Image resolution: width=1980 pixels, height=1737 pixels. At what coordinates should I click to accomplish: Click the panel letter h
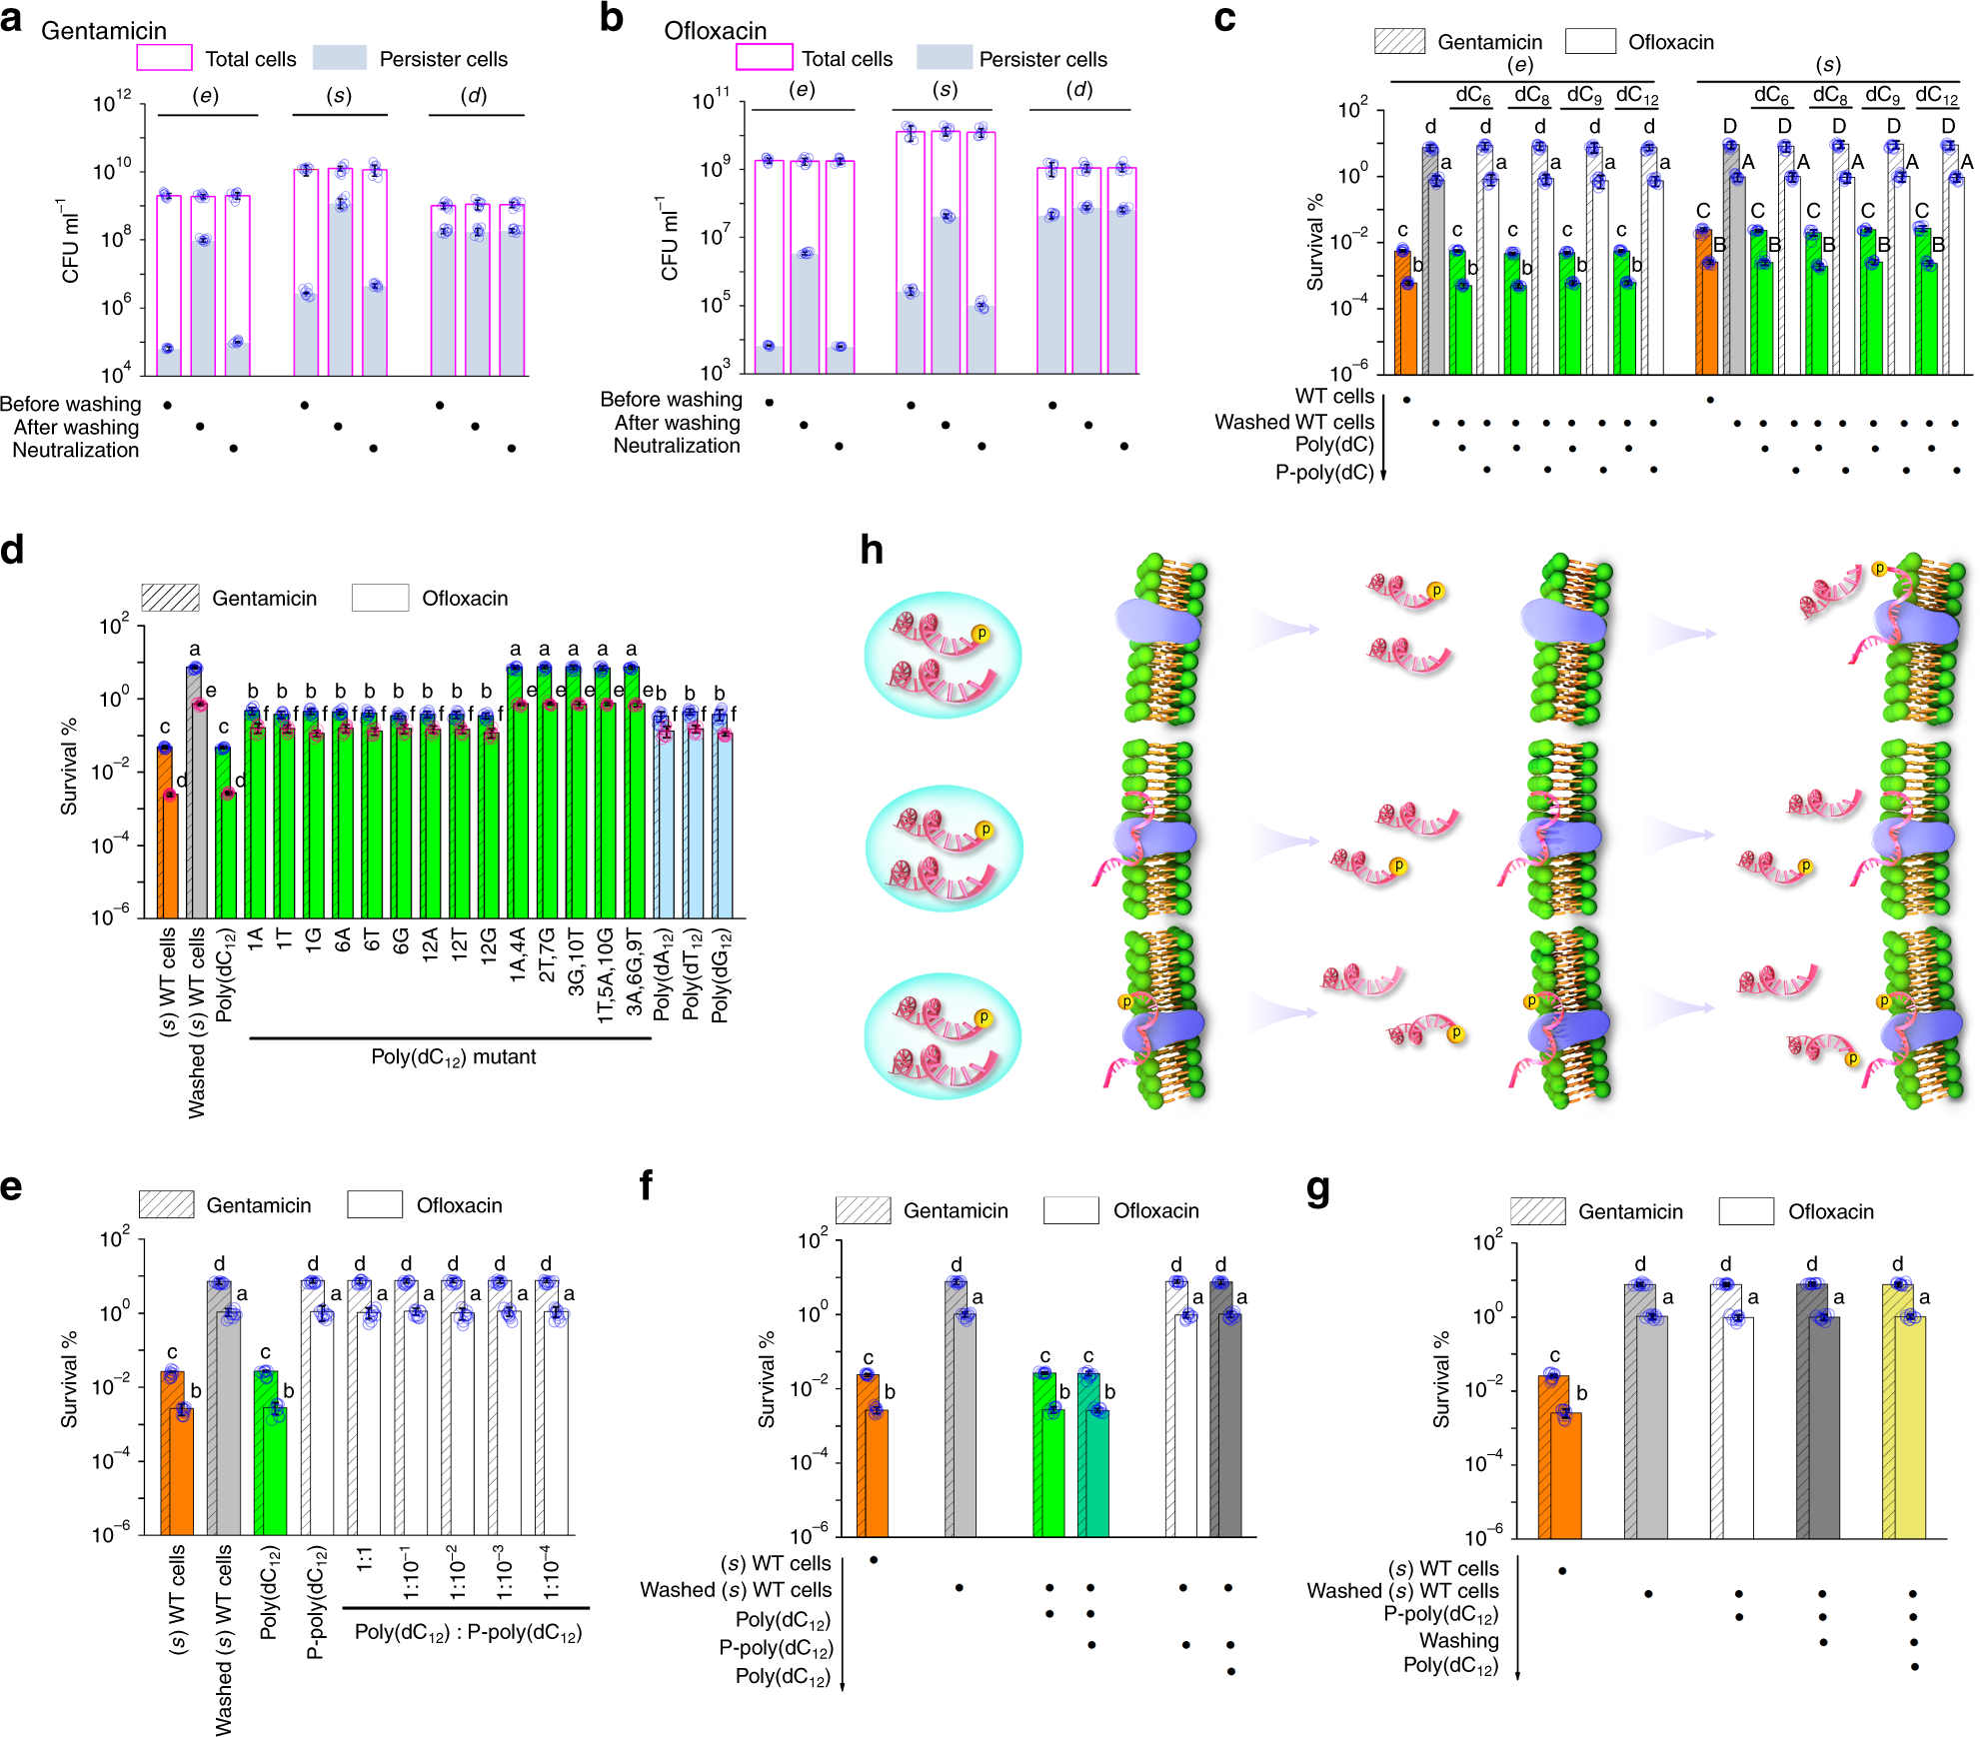(872, 550)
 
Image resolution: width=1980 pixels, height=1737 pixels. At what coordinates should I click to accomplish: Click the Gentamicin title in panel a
(104, 31)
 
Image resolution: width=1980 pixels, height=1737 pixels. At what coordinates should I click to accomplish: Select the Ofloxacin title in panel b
(716, 31)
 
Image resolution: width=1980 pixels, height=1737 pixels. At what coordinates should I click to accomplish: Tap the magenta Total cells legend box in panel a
(165, 58)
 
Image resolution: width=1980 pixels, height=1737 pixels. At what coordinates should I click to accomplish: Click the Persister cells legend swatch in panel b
(945, 57)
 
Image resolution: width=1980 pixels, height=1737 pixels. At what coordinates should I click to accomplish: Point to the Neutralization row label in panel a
(76, 450)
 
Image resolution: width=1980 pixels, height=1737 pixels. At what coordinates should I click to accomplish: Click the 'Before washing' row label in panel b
(672, 399)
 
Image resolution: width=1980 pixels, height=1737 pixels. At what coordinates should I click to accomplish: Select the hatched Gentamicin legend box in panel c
(1399, 41)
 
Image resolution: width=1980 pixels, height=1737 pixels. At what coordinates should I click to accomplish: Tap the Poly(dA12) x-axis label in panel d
(663, 974)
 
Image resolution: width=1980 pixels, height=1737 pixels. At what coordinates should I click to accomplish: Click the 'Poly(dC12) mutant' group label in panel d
(454, 1057)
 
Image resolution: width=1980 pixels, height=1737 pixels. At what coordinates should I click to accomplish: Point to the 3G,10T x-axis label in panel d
(576, 961)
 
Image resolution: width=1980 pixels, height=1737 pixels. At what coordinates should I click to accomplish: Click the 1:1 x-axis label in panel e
(365, 1559)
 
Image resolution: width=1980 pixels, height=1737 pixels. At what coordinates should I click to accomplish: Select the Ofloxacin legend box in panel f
(1071, 1210)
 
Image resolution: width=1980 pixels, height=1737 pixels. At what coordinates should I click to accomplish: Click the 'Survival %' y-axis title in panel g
(1441, 1379)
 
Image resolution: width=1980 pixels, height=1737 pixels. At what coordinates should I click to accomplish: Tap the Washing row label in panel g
(1459, 1640)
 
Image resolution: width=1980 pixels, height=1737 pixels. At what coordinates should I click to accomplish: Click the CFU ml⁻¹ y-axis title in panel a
(70, 240)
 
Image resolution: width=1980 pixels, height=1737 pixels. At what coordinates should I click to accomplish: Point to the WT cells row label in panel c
(1334, 397)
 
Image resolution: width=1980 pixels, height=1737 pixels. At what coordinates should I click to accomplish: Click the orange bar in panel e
(178, 1453)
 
